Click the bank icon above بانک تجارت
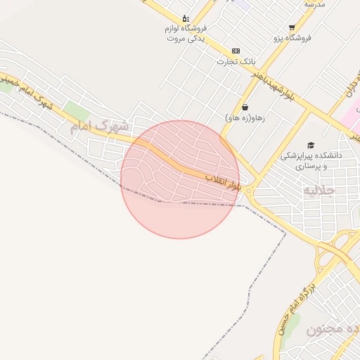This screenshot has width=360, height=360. [235, 51]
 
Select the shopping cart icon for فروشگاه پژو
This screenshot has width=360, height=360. [292, 27]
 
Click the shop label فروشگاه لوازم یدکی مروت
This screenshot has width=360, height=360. [186, 33]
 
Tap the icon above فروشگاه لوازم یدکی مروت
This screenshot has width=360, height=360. [185, 18]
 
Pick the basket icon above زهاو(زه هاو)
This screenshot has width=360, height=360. [245, 108]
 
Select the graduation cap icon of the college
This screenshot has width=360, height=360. [310, 143]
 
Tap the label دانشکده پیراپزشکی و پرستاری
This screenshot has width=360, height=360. [309, 160]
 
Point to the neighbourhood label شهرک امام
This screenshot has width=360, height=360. [99, 127]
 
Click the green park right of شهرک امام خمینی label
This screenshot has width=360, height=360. [77, 111]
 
